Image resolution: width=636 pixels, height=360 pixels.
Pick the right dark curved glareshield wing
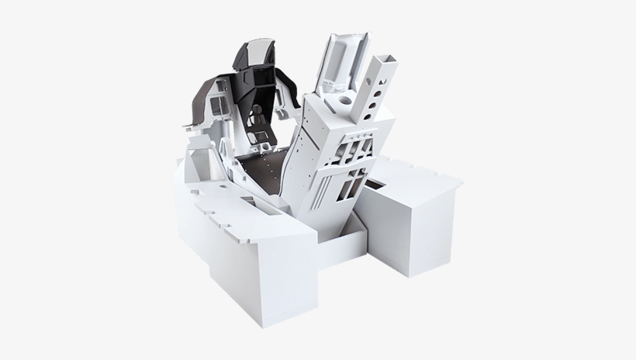[291, 85]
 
